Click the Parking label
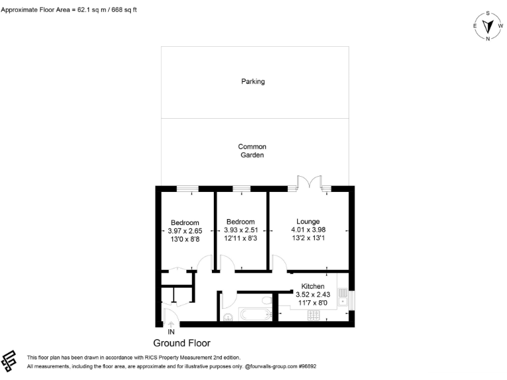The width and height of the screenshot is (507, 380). point(253,82)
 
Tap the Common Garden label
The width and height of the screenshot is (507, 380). point(252,151)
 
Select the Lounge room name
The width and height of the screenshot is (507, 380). point(308,222)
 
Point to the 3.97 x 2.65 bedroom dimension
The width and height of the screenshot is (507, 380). point(185,231)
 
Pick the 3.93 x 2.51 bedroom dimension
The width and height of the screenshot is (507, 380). point(240,230)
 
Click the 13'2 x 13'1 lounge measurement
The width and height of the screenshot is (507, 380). point(308,237)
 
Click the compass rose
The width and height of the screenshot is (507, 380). point(488,26)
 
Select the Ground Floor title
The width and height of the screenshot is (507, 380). point(182,343)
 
